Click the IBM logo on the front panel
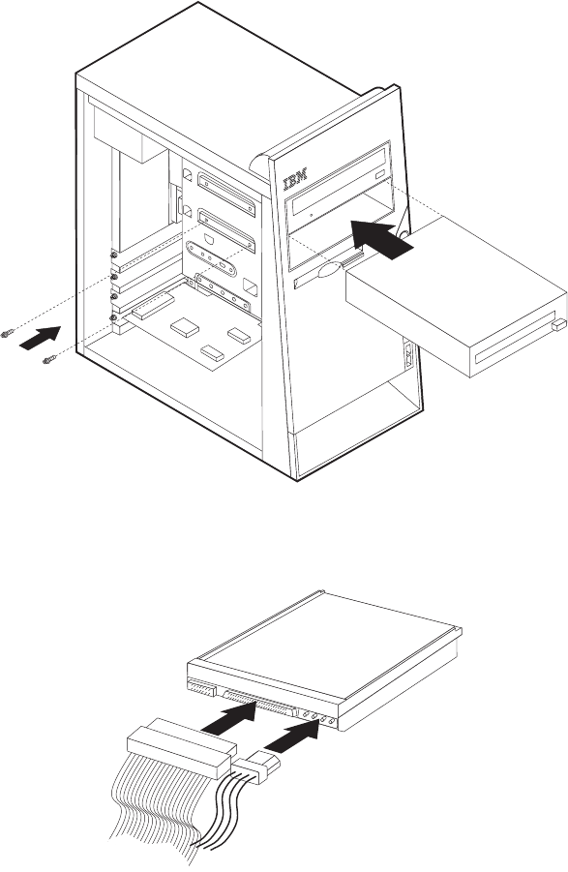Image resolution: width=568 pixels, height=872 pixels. (x=297, y=180)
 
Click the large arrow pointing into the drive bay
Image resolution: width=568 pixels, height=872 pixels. (x=382, y=239)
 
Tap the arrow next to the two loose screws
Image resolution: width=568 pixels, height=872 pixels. (x=40, y=338)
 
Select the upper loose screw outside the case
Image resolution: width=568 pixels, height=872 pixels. (x=7, y=334)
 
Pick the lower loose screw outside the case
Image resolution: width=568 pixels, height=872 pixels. (x=49, y=360)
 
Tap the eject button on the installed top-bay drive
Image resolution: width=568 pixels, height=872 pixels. (x=379, y=175)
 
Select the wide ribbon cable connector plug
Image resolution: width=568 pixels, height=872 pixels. (x=182, y=748)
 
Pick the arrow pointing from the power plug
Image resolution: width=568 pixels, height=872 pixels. (x=291, y=735)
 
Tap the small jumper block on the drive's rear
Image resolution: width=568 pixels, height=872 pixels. (x=201, y=687)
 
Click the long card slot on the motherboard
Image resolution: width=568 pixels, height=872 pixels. (x=152, y=307)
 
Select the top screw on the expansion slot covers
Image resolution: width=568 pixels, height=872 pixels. (x=113, y=255)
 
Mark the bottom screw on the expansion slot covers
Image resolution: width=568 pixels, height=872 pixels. (x=113, y=317)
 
